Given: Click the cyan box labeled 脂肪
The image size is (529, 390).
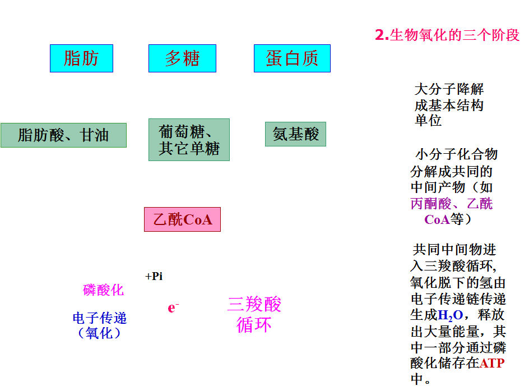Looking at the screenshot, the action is pos(81,58).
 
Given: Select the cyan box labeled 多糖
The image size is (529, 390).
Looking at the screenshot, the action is pos(182,58).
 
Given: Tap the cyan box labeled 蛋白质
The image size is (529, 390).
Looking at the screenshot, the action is pos(292,58).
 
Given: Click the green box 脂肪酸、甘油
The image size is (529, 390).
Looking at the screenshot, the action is pos(63,135).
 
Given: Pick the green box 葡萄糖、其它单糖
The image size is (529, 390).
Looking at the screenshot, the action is pos(189,140).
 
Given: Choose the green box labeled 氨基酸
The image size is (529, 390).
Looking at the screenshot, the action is pos(295,134).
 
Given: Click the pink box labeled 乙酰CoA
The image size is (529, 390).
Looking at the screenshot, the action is pos(182,219).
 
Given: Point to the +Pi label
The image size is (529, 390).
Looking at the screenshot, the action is pos(154,277).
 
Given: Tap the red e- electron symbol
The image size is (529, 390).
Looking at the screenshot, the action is pos(173,308).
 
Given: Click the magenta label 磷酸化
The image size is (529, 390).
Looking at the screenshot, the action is pos(104,290).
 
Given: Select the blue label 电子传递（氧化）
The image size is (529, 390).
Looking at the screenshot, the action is pos(100,325).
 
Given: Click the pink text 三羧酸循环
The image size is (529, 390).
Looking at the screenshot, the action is pos(254,314).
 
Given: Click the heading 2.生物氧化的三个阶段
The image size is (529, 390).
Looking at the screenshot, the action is pos(447,35).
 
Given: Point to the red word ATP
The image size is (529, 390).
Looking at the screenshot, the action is pos(492,363).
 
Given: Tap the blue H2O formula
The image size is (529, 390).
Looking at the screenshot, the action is pos(451,315).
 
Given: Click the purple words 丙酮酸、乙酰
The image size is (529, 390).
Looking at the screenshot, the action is pos(452,204).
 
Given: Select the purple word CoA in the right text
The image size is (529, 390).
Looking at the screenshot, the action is pos(437,219).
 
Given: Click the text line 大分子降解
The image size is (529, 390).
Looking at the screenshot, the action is pos(449,89).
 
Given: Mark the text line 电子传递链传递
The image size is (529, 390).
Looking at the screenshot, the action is pos(458,299).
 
